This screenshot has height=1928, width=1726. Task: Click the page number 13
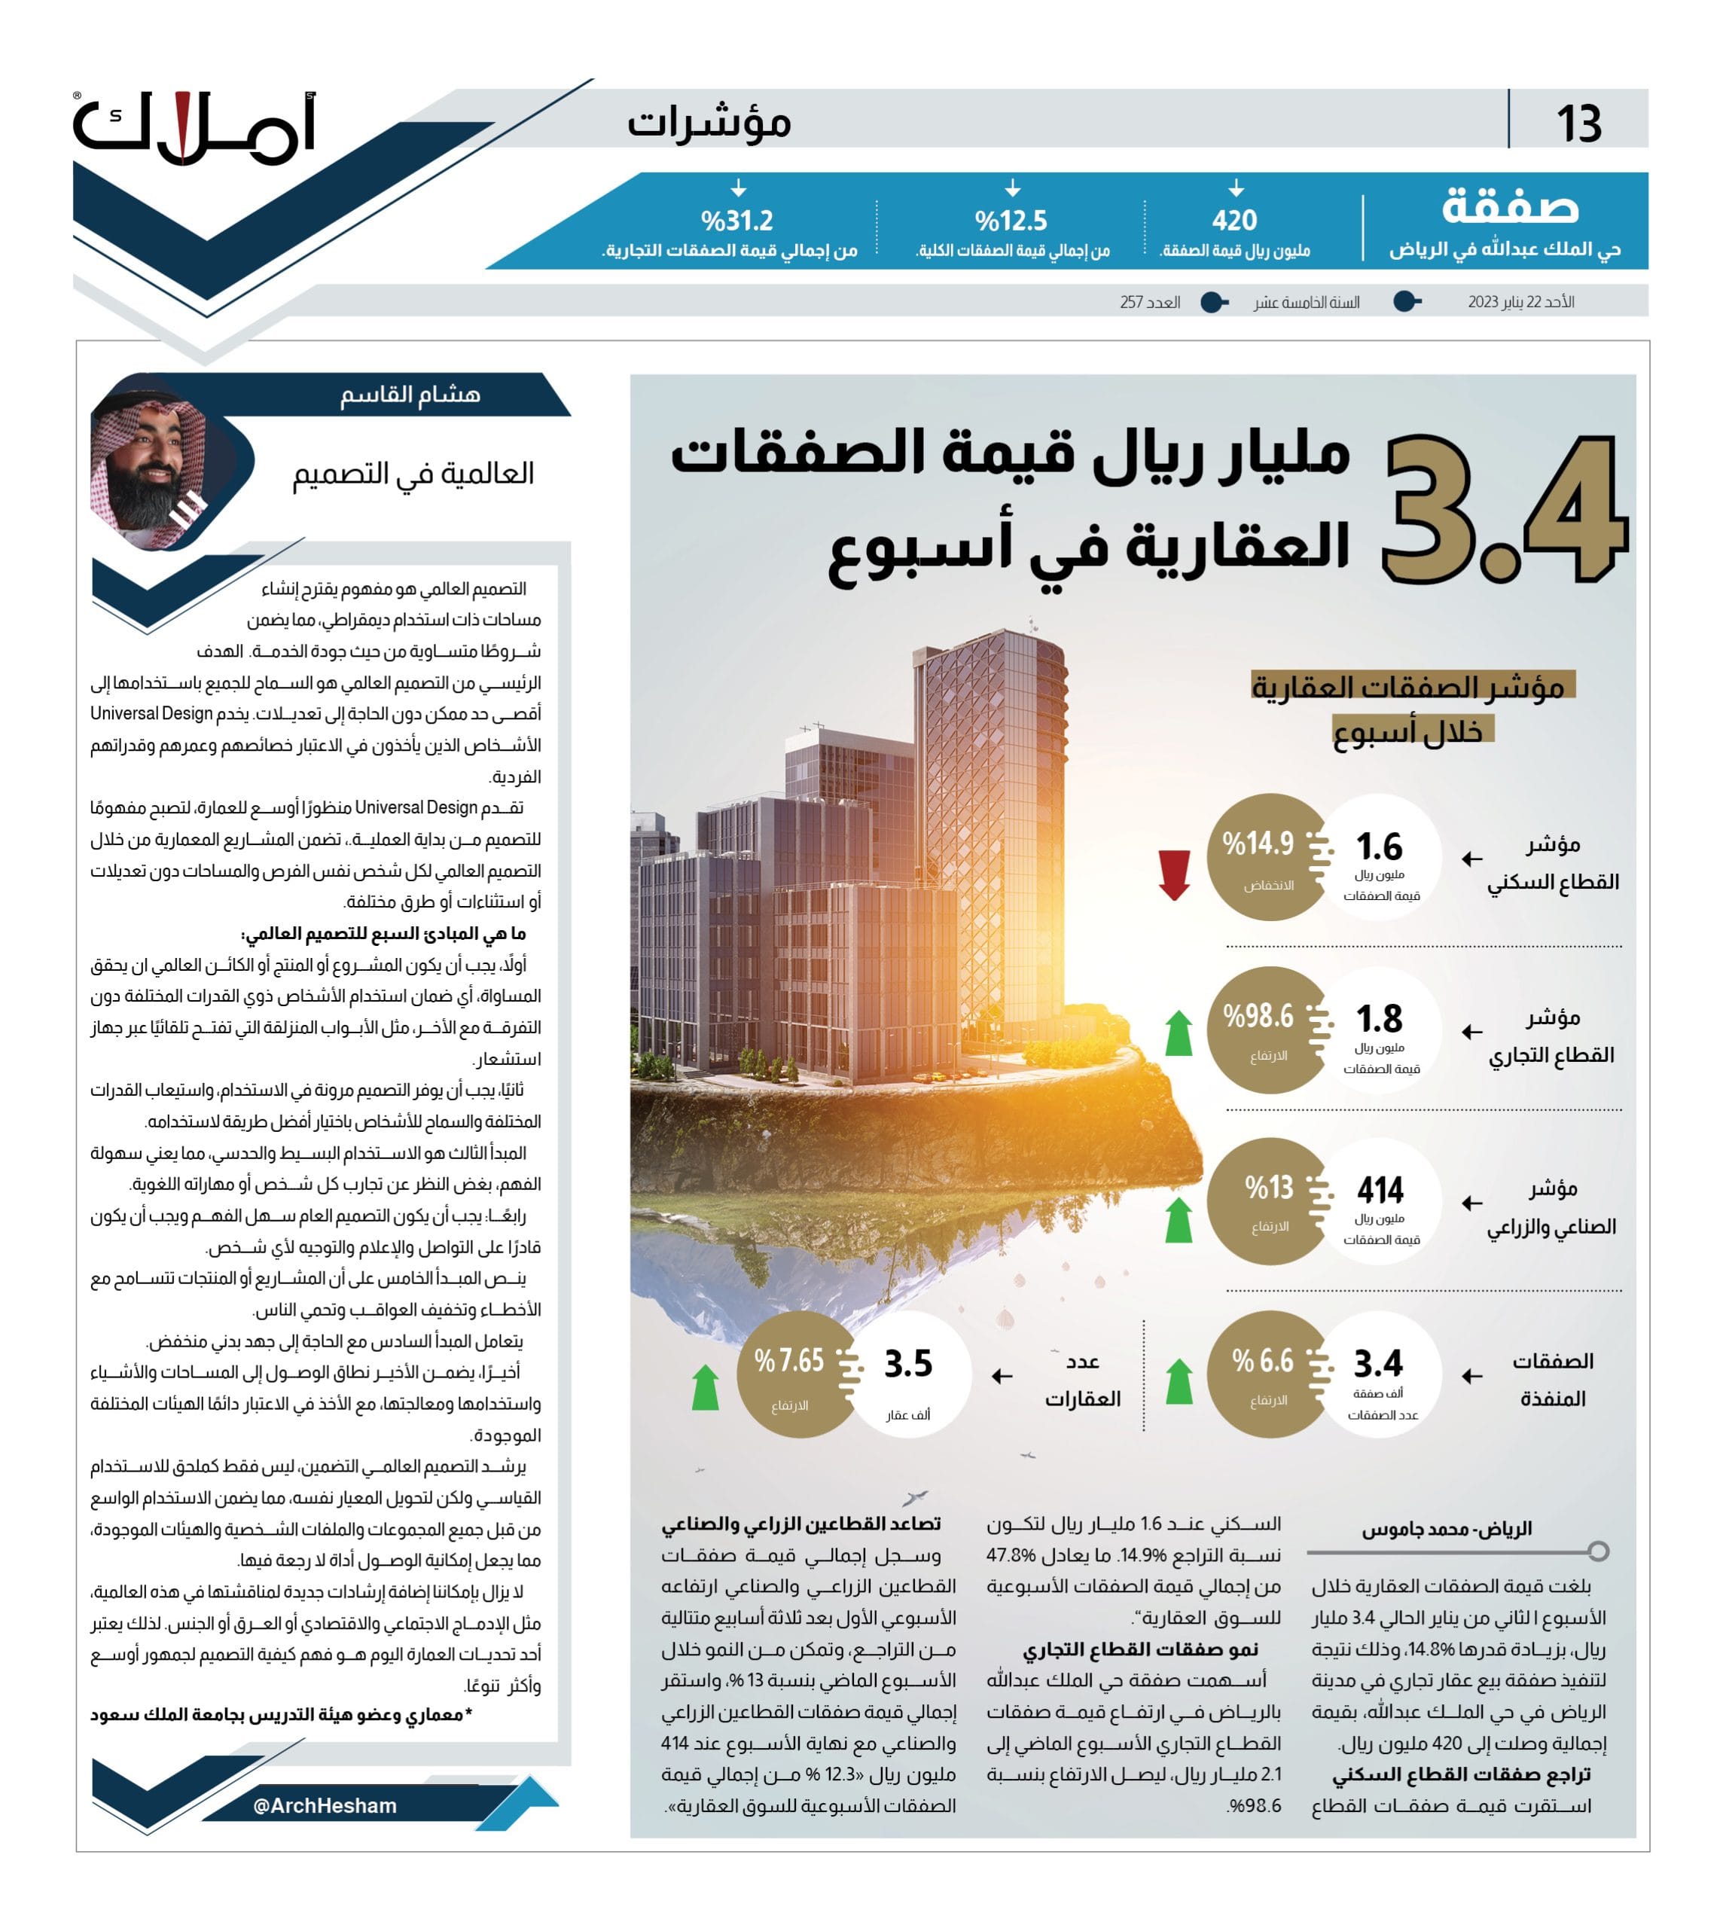pyautogui.click(x=1578, y=124)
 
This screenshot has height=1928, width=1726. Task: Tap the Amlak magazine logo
pyautogui.click(x=194, y=130)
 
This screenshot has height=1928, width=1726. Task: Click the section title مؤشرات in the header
pyautogui.click(x=709, y=122)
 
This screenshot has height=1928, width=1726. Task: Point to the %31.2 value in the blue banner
pyautogui.click(x=737, y=221)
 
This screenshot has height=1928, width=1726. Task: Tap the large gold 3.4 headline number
pyautogui.click(x=1503, y=510)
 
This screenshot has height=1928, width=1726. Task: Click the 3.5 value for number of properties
pyautogui.click(x=907, y=1364)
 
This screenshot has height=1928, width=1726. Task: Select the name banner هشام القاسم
pyautogui.click(x=410, y=395)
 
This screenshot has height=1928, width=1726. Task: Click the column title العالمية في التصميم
pyautogui.click(x=413, y=473)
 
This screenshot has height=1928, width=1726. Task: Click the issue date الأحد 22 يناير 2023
pyautogui.click(x=1520, y=301)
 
